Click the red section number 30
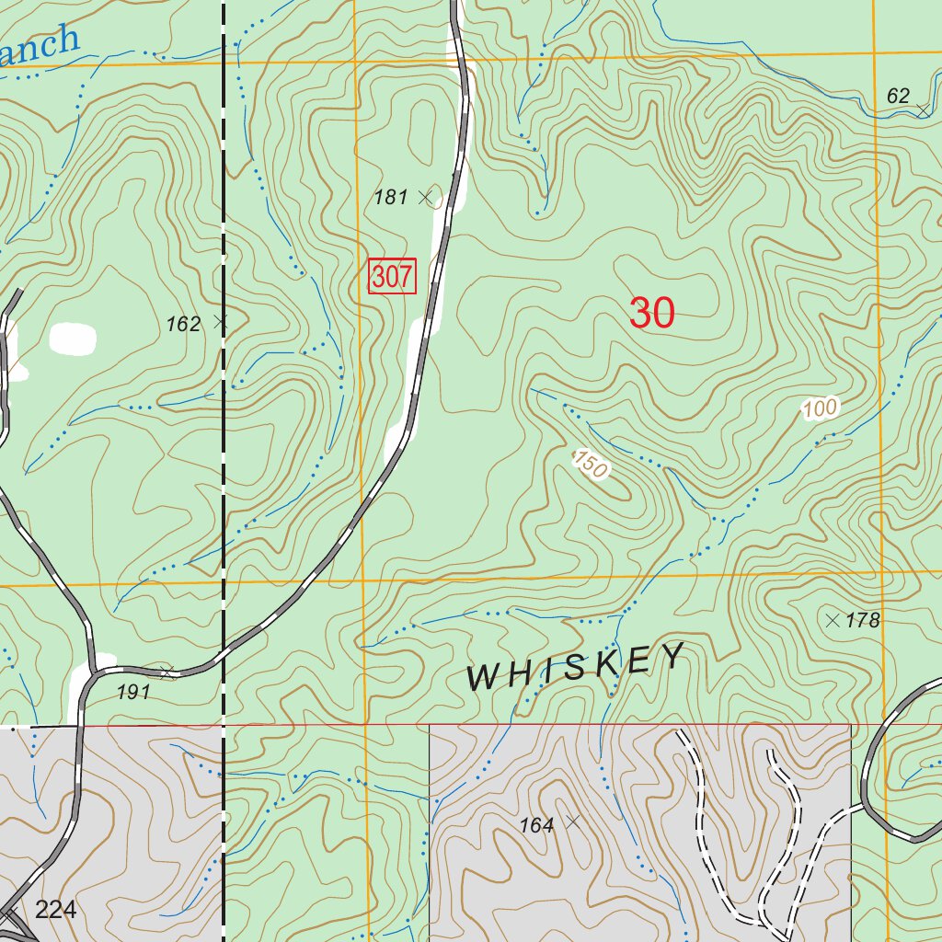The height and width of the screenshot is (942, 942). (652, 314)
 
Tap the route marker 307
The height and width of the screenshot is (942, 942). (392, 276)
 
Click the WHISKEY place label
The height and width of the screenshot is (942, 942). (577, 667)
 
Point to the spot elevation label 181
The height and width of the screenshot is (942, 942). (390, 197)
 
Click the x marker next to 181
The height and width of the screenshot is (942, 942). (425, 196)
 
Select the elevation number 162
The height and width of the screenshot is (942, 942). (183, 324)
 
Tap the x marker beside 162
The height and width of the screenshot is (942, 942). (220, 321)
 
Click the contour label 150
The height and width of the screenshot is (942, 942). (591, 464)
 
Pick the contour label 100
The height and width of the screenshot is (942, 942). (821, 408)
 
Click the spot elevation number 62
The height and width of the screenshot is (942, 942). (898, 96)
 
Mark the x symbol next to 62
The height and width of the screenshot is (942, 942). (923, 110)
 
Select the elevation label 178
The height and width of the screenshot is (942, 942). (863, 621)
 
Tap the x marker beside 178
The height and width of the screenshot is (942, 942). (833, 620)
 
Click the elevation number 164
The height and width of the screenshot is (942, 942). (536, 826)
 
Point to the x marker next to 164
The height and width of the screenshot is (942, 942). (573, 821)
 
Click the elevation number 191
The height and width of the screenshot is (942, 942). (133, 693)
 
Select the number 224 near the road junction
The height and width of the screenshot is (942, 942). (55, 911)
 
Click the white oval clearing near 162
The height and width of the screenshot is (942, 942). (73, 339)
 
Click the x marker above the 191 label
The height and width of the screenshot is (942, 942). (167, 672)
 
